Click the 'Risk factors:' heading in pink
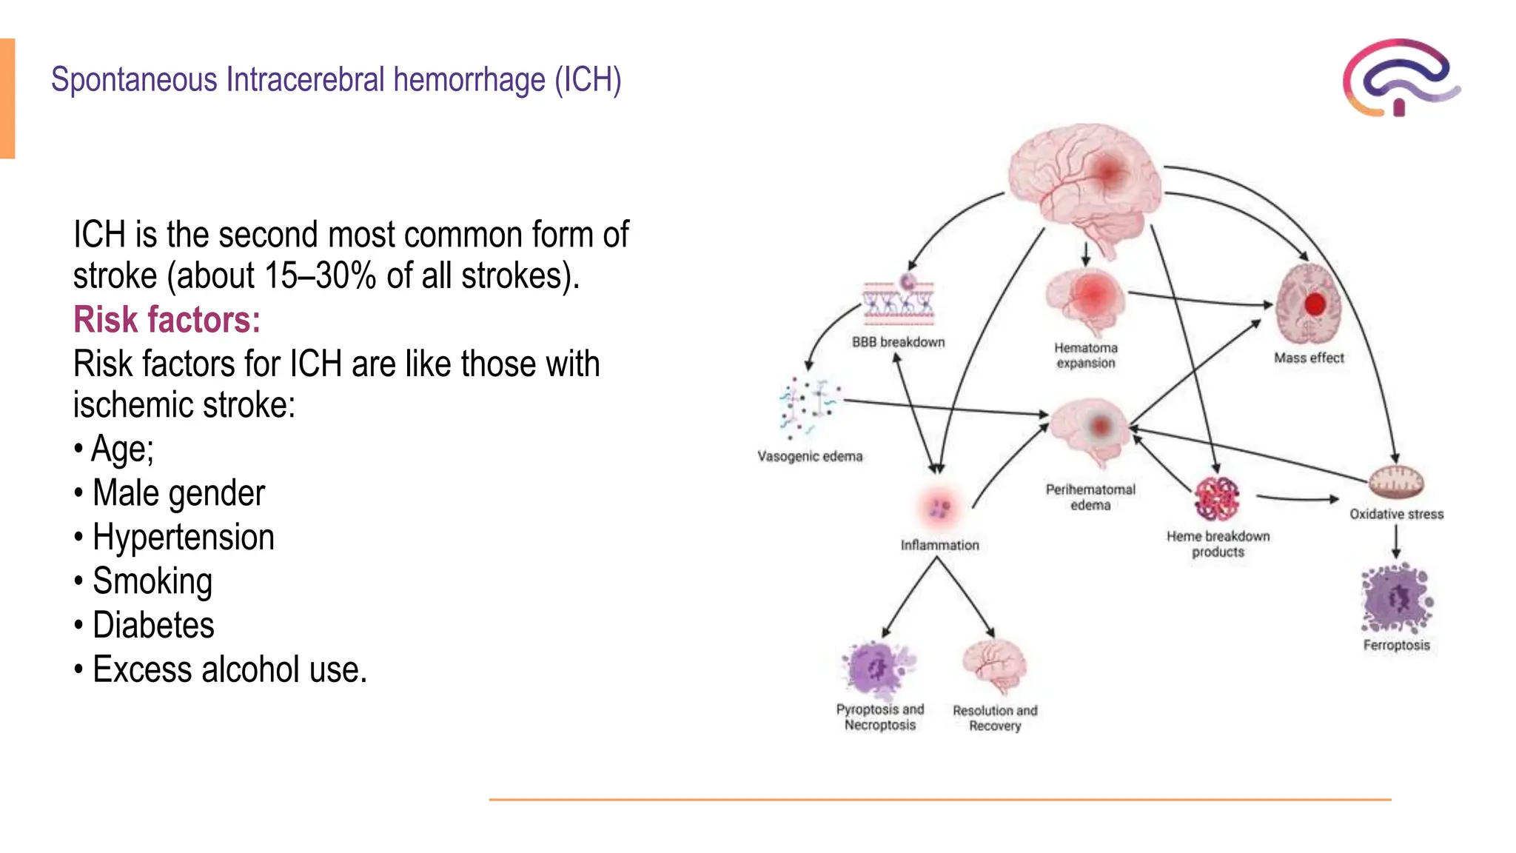tap(167, 320)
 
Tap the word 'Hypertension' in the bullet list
tap(183, 537)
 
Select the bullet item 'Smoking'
tap(152, 581)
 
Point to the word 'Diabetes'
tap(153, 625)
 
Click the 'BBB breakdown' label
tap(898, 342)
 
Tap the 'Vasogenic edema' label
tap(810, 456)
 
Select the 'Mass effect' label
tap(1309, 358)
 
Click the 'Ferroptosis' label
tap(1396, 645)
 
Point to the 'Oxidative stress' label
tap(1396, 514)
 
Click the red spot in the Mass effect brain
tap(1315, 304)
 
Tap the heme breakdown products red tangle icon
tap(1217, 499)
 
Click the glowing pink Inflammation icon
tap(939, 508)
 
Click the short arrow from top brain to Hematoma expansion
tap(1086, 254)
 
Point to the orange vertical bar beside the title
tap(7, 98)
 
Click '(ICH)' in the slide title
tap(588, 80)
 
